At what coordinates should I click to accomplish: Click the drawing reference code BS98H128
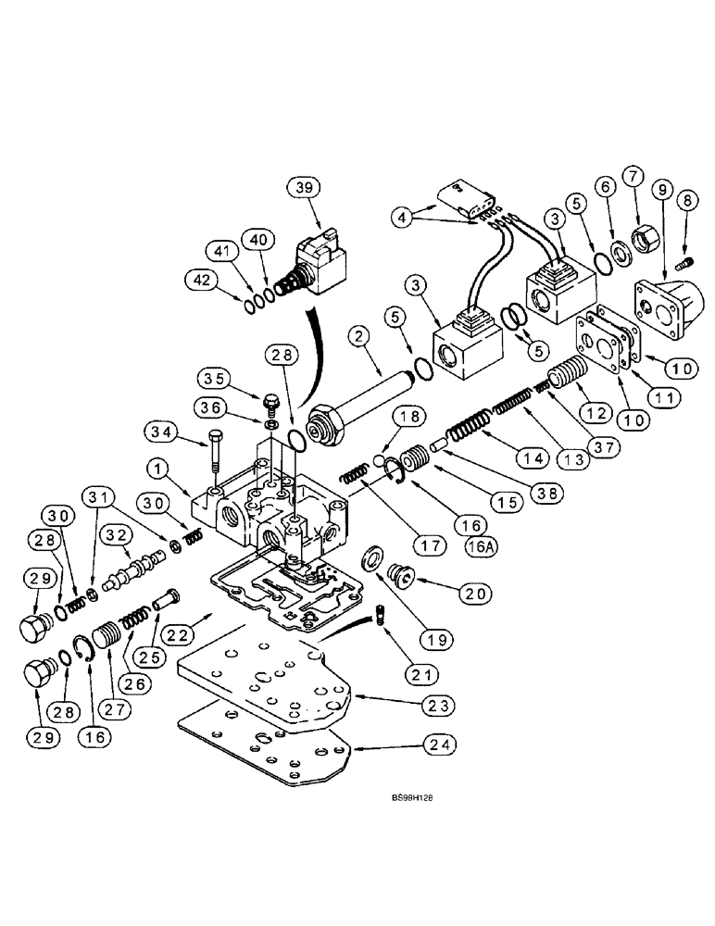click(x=399, y=808)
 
